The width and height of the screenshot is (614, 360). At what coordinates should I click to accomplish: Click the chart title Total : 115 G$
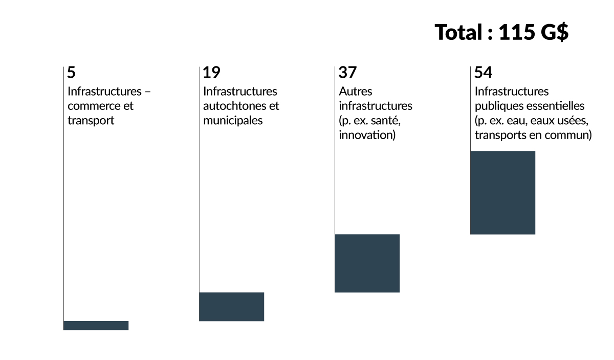501,33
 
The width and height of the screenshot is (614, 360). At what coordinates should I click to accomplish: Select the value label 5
71,73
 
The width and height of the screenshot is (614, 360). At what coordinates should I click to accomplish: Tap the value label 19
211,73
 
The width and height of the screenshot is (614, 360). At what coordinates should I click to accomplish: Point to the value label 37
347,73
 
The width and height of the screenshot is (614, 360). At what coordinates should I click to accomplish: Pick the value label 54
483,73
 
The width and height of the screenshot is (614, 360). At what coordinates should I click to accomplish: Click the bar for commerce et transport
96,325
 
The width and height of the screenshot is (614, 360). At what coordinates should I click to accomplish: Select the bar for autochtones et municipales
231,307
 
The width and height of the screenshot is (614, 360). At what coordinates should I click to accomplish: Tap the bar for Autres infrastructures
367,263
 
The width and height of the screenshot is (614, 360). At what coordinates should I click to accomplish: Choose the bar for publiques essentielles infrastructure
502,193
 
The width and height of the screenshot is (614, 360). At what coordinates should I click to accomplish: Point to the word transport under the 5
91,121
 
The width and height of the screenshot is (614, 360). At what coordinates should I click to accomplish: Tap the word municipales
233,121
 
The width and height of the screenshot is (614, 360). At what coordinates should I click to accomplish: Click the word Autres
356,92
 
